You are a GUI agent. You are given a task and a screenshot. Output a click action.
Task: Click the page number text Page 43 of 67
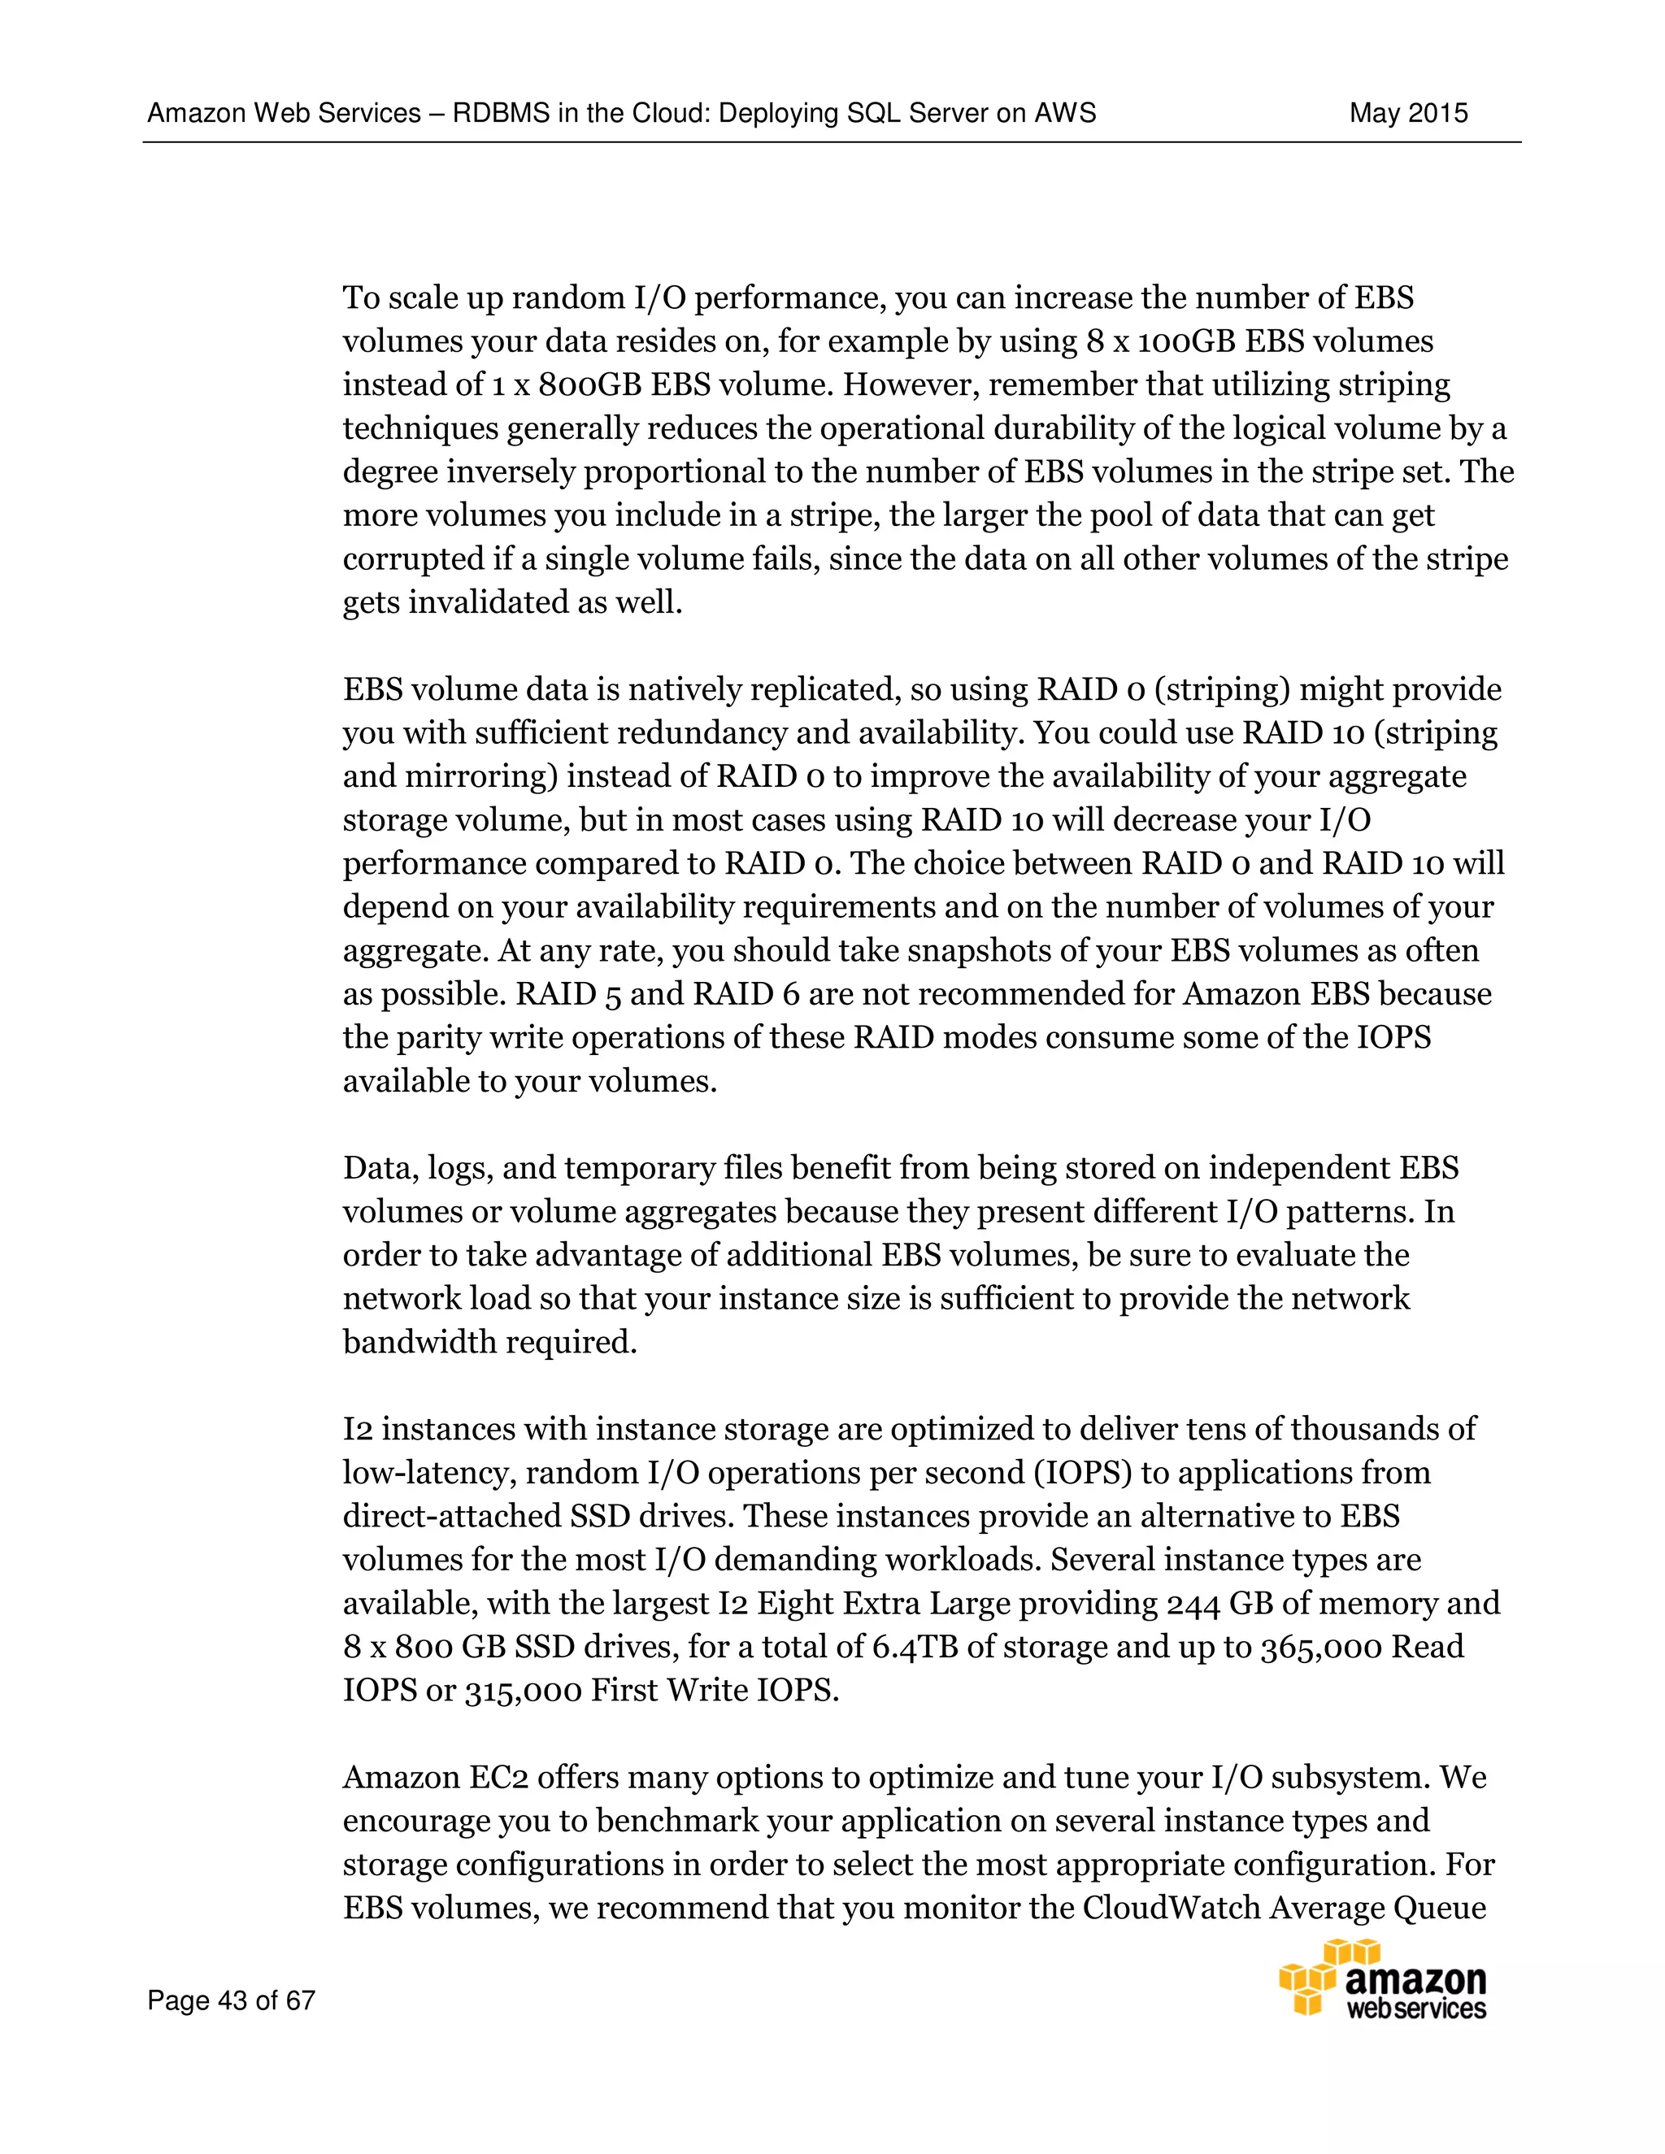coord(231,2000)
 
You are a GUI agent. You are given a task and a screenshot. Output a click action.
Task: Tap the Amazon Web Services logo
coord(1382,1979)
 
